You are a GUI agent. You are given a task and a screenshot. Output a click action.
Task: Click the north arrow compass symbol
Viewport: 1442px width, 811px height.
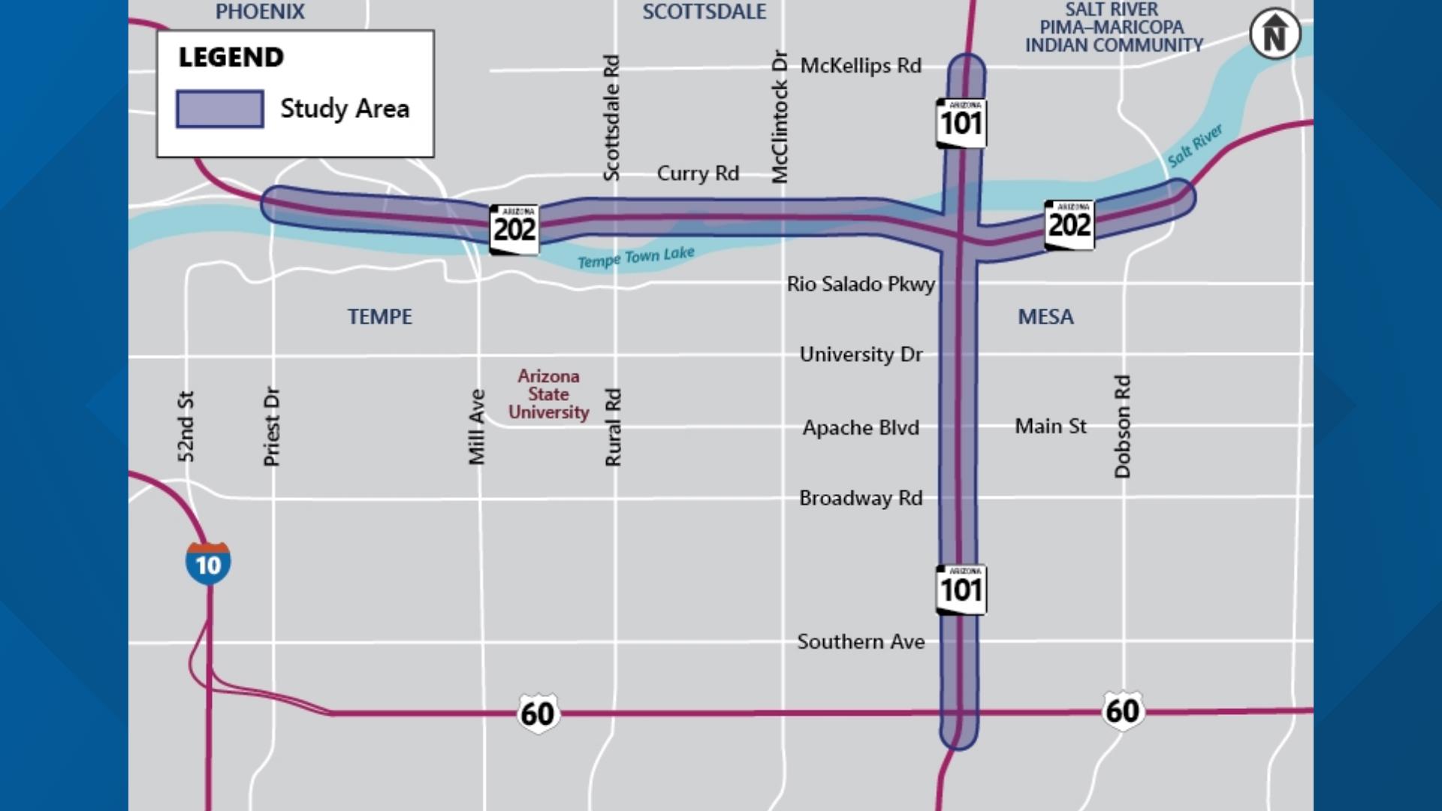point(1275,34)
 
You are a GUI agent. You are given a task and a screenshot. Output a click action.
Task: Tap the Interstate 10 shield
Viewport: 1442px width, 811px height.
point(208,562)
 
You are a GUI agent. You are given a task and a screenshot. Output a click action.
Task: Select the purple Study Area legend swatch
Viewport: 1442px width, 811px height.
point(219,109)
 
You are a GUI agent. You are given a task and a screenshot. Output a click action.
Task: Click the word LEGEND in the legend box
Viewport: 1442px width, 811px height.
point(231,57)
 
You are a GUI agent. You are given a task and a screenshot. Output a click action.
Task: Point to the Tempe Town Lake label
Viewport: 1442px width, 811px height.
point(635,258)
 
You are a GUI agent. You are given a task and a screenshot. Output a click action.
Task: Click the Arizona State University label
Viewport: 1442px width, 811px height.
point(548,394)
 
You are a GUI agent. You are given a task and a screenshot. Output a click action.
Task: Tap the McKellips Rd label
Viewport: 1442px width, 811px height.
point(861,66)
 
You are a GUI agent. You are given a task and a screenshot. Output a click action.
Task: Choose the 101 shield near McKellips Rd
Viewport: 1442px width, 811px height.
point(961,123)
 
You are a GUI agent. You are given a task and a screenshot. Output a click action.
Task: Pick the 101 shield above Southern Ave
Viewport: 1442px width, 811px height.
point(961,590)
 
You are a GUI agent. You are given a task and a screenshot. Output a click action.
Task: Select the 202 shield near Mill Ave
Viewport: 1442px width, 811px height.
point(514,229)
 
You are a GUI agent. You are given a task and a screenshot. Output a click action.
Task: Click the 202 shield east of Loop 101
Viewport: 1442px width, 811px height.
point(1069,225)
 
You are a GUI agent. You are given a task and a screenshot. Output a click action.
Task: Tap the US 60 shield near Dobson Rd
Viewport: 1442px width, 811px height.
point(1122,710)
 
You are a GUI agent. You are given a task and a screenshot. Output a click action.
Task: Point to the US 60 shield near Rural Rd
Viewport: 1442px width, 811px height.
point(538,713)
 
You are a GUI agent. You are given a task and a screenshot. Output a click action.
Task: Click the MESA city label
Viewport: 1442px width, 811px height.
point(1045,317)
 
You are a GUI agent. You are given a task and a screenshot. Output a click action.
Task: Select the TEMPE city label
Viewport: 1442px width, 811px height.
point(379,317)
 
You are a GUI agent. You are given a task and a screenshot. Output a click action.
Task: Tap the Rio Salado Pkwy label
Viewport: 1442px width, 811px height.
point(861,285)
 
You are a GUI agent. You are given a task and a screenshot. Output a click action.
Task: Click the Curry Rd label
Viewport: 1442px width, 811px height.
point(698,173)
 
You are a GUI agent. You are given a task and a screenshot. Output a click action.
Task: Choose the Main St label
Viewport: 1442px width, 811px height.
point(1050,427)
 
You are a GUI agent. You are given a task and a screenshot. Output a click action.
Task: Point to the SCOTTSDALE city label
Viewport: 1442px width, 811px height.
point(704,12)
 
